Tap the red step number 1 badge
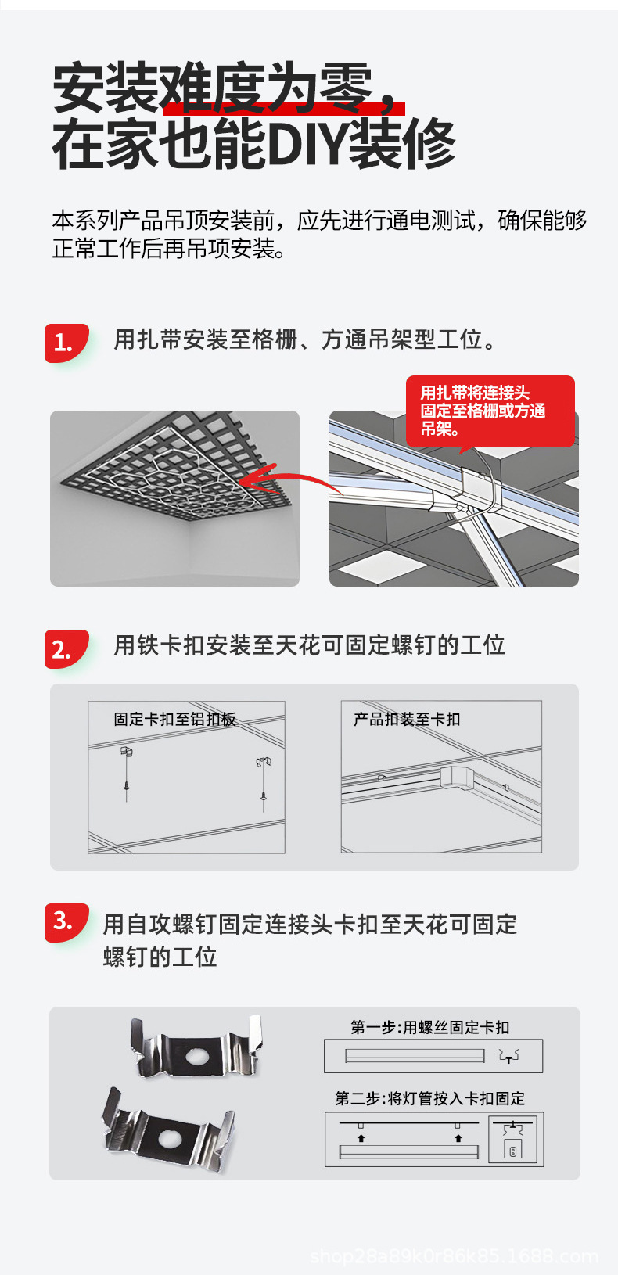pyautogui.click(x=64, y=343)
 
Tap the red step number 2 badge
pyautogui.click(x=64, y=649)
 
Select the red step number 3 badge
pyautogui.click(x=64, y=921)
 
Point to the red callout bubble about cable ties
pyautogui.click(x=490, y=411)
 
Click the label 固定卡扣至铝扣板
pyautogui.click(x=174, y=719)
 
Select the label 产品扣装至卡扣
pyautogui.click(x=407, y=719)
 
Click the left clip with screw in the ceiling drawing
pyautogui.click(x=127, y=770)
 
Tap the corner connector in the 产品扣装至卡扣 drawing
pyautogui.click(x=457, y=778)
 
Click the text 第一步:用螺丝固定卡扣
pyautogui.click(x=429, y=1027)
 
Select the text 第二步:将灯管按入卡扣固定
pyautogui.click(x=429, y=1098)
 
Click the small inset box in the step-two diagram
pyautogui.click(x=512, y=1139)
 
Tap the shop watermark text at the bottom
pyautogui.click(x=454, y=1256)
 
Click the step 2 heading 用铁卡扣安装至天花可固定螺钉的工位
pyautogui.click(x=309, y=645)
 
